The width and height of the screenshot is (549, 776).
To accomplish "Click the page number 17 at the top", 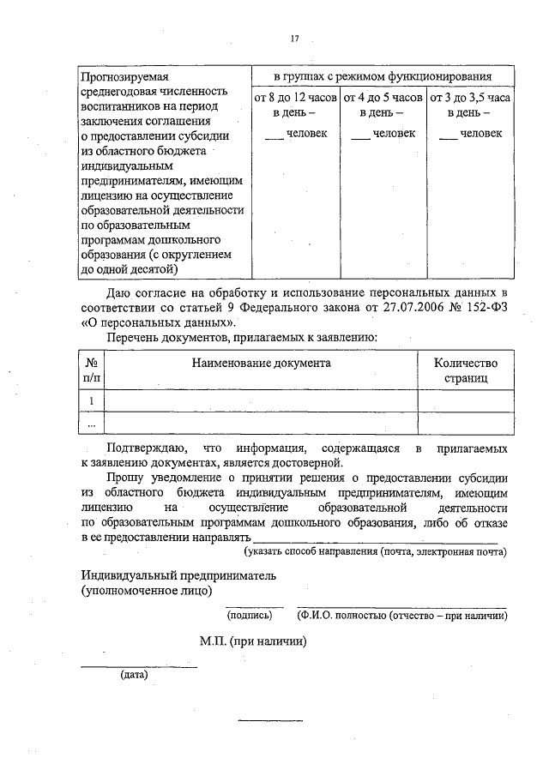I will tap(294, 39).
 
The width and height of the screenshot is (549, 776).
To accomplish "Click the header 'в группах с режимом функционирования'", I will tap(383, 75).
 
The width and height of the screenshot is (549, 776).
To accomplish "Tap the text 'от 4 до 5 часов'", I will tap(383, 98).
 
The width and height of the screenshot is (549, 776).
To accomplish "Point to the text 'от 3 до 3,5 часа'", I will tap(469, 98).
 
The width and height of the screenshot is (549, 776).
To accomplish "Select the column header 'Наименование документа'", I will tap(261, 363).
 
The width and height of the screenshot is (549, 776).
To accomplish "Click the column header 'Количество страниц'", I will tap(466, 370).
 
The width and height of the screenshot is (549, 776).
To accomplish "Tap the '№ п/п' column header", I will tap(92, 370).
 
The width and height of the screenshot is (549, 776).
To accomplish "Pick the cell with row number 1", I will tap(92, 400).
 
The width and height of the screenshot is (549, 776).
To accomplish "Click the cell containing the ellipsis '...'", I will tap(92, 424).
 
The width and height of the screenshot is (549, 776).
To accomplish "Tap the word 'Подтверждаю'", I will tap(143, 448).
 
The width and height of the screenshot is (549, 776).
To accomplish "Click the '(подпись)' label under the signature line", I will tap(249, 615).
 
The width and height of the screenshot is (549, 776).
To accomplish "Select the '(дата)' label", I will tap(135, 674).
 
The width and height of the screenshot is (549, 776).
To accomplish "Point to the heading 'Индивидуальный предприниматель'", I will tap(178, 575).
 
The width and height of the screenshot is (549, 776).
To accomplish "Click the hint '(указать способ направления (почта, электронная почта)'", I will tap(375, 551).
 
